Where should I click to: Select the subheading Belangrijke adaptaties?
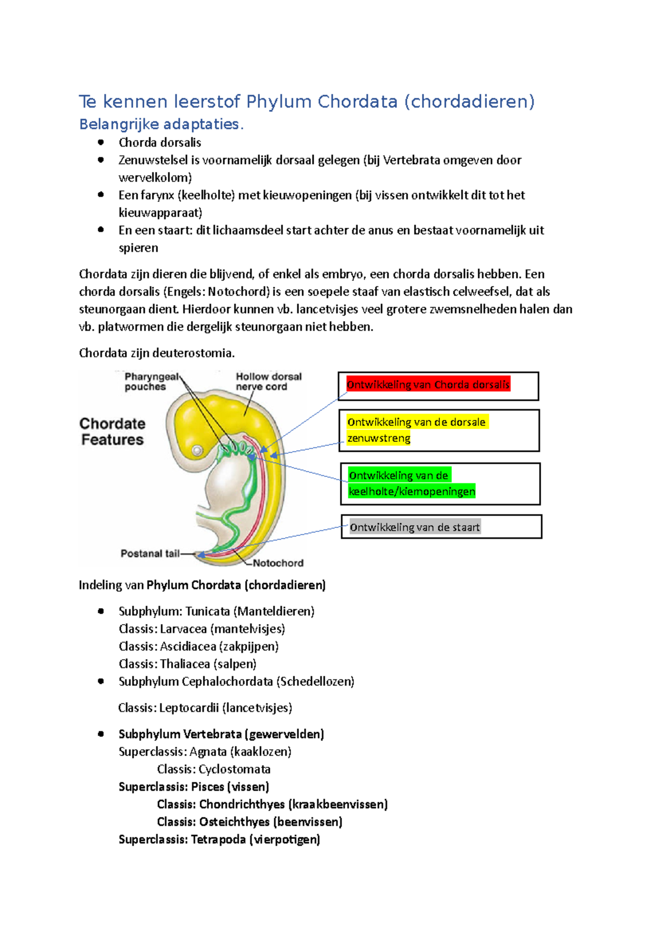pyautogui.click(x=161, y=125)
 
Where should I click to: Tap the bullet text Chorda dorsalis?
pyautogui.click(x=160, y=143)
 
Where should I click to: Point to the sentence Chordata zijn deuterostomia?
pyautogui.click(x=156, y=353)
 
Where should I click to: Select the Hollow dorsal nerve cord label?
pyautogui.click(x=268, y=381)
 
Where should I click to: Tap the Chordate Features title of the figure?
pyautogui.click(x=112, y=431)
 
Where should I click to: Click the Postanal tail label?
pyautogui.click(x=150, y=553)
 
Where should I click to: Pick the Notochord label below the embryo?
pyautogui.click(x=277, y=563)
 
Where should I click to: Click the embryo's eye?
pyautogui.click(x=197, y=451)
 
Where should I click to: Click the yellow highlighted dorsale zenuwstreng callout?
pyautogui.click(x=416, y=430)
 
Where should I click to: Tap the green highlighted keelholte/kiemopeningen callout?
pyautogui.click(x=411, y=483)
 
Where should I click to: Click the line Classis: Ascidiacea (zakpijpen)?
pyautogui.click(x=198, y=647)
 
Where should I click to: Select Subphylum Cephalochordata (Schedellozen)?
pyautogui.click(x=236, y=682)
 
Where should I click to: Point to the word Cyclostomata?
pyautogui.click(x=234, y=770)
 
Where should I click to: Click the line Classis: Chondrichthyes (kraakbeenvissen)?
pyautogui.click(x=272, y=805)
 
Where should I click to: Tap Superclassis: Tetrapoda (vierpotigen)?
pyautogui.click(x=219, y=840)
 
